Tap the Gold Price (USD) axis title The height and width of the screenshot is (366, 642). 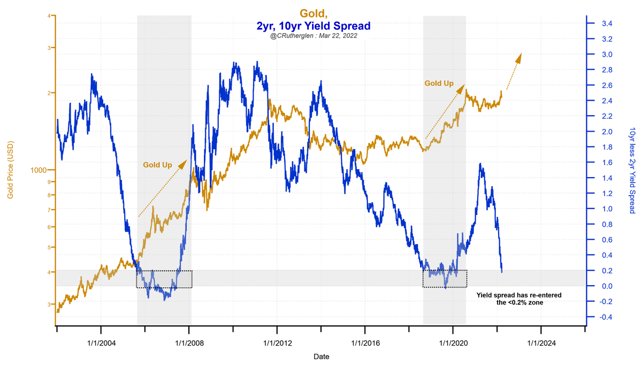10,170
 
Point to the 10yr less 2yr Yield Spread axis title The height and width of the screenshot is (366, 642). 632,170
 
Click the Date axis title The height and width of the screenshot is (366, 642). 320,356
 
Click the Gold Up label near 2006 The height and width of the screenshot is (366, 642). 157,165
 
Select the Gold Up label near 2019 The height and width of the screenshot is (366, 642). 439,83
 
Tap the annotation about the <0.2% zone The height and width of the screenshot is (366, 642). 519,299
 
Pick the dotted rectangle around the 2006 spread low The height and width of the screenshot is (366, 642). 164,279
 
